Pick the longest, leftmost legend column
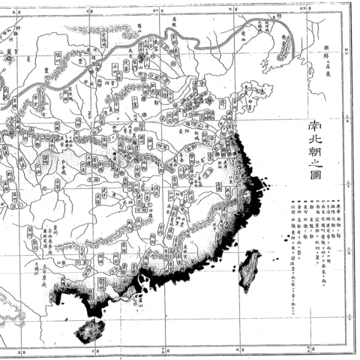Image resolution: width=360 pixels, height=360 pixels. pyautogui.click(x=287, y=225)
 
